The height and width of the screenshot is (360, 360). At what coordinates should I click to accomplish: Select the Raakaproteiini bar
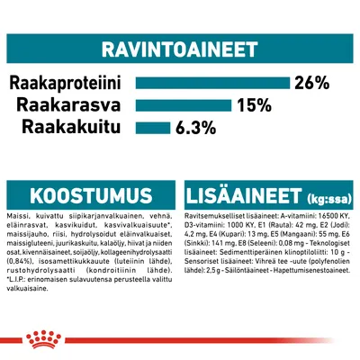(211, 83)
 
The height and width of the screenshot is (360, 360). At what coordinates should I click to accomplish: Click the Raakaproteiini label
(66, 83)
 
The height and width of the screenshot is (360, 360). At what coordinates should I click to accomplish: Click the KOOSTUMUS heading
(74, 196)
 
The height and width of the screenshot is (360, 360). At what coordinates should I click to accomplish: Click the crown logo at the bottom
(180, 341)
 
